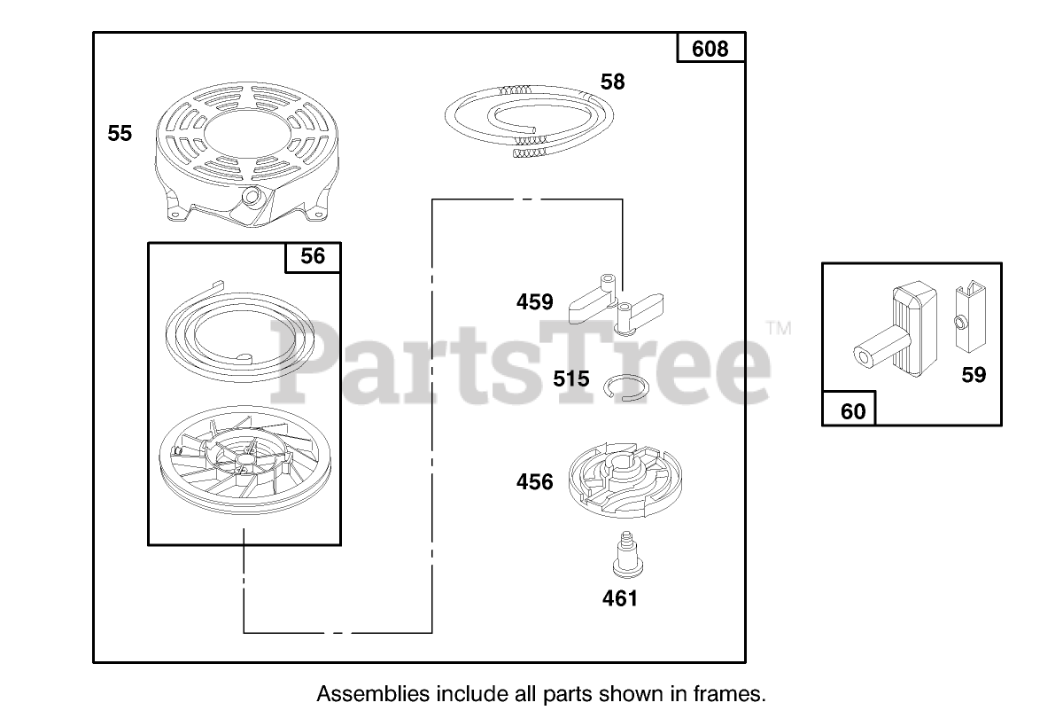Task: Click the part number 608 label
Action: [710, 49]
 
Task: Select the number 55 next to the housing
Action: [120, 134]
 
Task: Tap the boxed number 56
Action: [313, 257]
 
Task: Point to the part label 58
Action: [612, 82]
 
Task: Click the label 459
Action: [535, 302]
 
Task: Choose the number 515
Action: [571, 379]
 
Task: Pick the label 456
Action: [535, 482]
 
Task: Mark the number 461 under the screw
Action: [619, 599]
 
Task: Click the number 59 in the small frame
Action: [974, 376]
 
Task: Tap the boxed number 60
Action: [852, 412]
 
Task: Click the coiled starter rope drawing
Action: [528, 119]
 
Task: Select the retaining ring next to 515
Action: [630, 388]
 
